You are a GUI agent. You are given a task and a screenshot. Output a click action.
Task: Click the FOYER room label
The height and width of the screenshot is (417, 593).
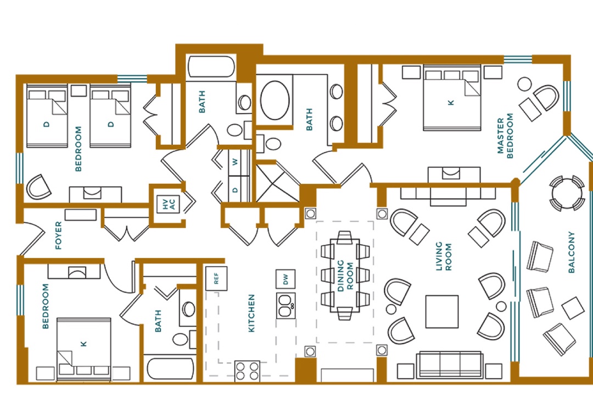(x=59, y=235)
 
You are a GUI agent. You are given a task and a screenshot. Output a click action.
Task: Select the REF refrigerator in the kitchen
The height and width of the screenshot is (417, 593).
(x=216, y=279)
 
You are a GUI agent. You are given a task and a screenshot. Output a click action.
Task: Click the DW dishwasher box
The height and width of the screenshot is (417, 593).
(x=286, y=279)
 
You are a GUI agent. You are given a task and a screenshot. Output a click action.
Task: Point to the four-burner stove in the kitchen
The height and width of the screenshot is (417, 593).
(x=247, y=371)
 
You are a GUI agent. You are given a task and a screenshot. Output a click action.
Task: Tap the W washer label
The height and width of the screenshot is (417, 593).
(x=235, y=162)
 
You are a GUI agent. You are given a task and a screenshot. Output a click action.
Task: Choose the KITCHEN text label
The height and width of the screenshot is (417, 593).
(x=251, y=313)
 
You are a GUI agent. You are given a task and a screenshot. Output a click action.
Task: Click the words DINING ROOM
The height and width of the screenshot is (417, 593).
(x=345, y=275)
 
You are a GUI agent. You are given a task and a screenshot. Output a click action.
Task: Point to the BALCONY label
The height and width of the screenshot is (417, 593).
(x=572, y=252)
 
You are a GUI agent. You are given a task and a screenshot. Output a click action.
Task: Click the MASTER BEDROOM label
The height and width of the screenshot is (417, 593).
(x=505, y=136)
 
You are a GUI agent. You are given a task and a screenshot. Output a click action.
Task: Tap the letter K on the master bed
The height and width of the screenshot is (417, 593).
(x=450, y=103)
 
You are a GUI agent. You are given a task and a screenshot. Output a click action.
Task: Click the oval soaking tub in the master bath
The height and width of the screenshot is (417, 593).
(x=275, y=100)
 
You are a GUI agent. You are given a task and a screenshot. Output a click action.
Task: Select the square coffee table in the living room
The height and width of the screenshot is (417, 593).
(x=442, y=312)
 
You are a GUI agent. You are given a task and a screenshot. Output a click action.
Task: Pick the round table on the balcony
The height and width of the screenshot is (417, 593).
(x=567, y=194)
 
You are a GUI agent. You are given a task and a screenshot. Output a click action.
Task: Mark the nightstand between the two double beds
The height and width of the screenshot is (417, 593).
(x=79, y=91)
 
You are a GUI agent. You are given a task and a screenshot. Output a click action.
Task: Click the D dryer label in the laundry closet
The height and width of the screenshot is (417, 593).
(x=235, y=190)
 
